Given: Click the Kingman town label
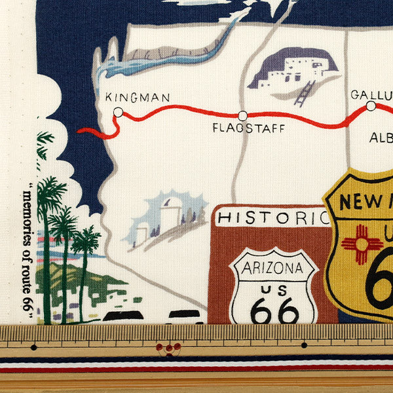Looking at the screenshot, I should pyautogui.click(x=138, y=98).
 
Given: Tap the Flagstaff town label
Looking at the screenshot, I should pyautogui.click(x=248, y=128).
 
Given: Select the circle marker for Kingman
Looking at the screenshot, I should pyautogui.click(x=118, y=113).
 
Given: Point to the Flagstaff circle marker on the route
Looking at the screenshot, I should pyautogui.click(x=242, y=116).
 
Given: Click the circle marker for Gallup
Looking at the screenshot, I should pyautogui.click(x=371, y=106).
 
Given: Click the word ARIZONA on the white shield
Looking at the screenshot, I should pyautogui.click(x=272, y=267).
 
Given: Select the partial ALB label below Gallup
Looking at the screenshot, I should pyautogui.click(x=381, y=138).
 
